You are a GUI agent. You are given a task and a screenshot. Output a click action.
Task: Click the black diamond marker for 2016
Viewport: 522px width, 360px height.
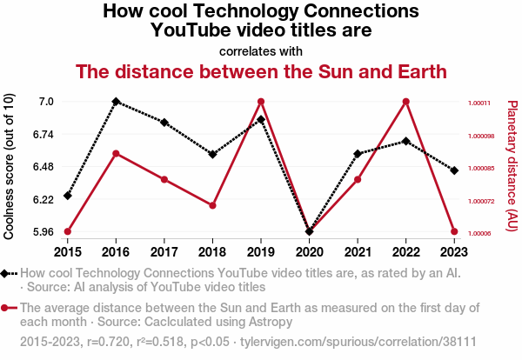[116, 102]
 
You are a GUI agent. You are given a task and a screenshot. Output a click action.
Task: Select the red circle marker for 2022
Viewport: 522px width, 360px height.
[406, 102]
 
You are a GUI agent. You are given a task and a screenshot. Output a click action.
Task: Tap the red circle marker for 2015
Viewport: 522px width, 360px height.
[67, 231]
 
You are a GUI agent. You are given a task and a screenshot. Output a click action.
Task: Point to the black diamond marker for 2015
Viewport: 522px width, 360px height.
[67, 196]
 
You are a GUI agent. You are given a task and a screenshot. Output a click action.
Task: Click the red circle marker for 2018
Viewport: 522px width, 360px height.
[212, 205]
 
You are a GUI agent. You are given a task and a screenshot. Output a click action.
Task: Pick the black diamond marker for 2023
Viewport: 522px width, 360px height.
[454, 170]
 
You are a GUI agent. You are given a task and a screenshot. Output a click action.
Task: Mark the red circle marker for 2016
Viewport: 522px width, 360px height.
[116, 154]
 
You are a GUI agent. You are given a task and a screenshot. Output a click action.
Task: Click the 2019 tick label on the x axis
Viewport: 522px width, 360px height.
[261, 251]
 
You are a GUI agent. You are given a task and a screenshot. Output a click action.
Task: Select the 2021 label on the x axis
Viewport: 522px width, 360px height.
[358, 251]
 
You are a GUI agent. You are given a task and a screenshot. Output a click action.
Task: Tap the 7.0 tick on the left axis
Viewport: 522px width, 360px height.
[46, 102]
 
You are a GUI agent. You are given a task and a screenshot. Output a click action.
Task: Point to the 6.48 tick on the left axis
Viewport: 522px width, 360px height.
[43, 167]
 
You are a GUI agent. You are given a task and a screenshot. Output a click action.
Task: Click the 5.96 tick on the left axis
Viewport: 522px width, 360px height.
[43, 232]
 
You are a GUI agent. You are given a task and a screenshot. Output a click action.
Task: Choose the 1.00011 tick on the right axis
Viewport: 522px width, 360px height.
[480, 103]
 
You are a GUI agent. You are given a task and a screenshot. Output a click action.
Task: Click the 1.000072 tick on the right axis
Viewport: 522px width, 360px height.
[483, 201]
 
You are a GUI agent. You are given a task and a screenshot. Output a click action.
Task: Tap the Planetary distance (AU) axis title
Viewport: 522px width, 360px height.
[512, 165]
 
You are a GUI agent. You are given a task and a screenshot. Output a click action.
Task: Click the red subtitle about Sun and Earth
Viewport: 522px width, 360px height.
[261, 70]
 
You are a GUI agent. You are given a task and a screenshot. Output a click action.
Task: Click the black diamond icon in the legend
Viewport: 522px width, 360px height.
[9, 274]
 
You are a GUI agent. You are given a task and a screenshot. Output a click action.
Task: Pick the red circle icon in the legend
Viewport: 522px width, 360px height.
[9, 308]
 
